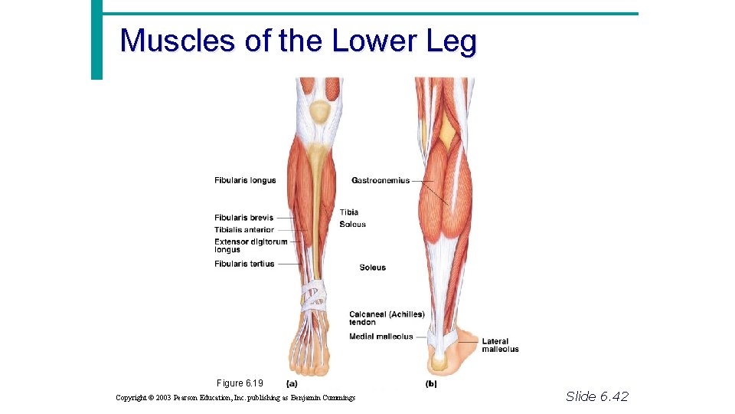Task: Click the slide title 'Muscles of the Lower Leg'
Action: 298,41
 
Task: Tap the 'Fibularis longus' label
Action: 245,181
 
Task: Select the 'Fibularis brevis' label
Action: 243,218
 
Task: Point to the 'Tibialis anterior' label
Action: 243,230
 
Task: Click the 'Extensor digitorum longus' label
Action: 250,245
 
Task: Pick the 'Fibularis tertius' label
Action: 244,264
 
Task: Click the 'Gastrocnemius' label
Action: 381,181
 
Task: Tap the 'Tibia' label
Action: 348,212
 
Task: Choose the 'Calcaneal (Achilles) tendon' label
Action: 386,318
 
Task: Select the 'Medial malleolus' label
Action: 381,337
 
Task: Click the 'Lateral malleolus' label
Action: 499,345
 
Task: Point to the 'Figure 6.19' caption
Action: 240,383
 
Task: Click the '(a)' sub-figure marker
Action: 292,383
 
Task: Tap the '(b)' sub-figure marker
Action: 430,383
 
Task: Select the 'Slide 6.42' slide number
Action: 596,396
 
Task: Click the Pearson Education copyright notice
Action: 235,397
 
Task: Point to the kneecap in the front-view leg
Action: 318,113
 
